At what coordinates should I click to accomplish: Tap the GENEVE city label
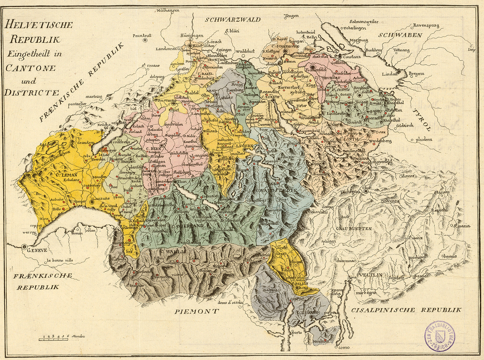(37, 250)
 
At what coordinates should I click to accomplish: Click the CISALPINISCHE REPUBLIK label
(405, 310)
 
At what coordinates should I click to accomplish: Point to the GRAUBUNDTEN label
(354, 229)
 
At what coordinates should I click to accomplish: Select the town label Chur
(367, 188)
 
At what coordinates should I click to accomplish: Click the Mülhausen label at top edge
(168, 10)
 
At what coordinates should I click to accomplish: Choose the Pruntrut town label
(142, 35)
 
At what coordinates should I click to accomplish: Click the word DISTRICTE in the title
(31, 92)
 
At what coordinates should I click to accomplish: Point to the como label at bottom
(344, 347)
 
